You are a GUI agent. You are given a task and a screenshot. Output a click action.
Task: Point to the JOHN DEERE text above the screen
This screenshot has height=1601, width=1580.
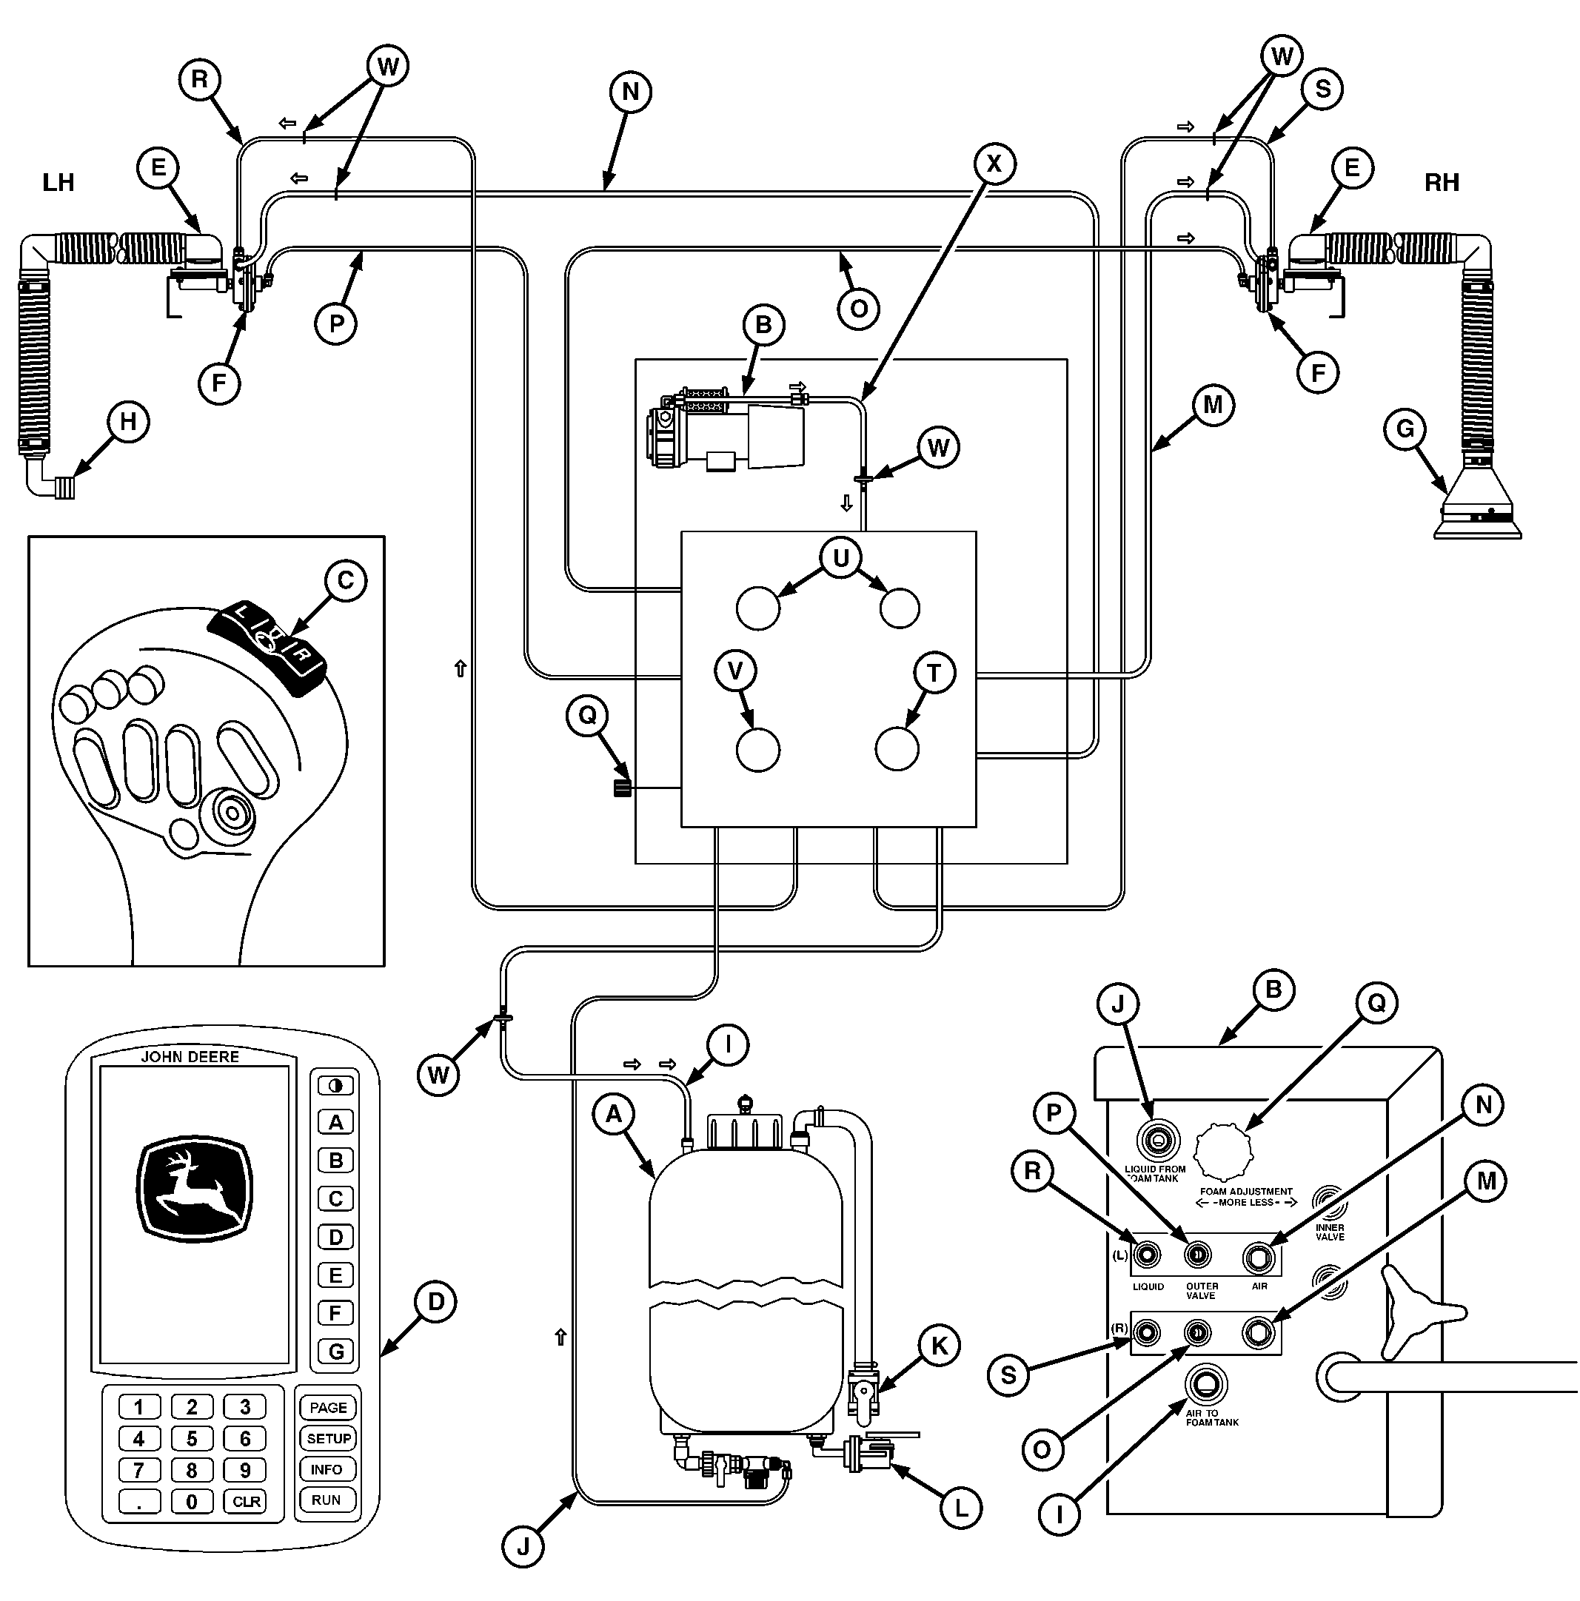tap(190, 1056)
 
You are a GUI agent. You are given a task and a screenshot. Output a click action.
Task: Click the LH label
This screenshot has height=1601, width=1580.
tap(58, 182)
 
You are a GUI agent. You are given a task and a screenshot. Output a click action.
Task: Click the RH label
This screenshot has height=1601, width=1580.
tap(1442, 182)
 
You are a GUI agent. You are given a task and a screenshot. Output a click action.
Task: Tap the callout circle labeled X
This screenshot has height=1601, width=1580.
tap(993, 164)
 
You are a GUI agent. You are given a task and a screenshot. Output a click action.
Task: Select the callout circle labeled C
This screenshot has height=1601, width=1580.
tap(346, 580)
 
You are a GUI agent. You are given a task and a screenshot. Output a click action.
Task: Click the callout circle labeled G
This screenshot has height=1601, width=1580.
tap(1405, 429)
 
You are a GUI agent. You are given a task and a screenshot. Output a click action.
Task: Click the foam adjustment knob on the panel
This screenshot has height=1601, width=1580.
tap(1225, 1152)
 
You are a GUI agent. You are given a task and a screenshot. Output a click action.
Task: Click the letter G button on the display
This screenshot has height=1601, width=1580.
tap(335, 1352)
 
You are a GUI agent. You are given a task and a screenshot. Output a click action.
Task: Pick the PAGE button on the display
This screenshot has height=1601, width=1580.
tap(328, 1407)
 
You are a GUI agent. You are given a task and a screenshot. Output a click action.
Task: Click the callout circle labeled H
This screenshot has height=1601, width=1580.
tap(127, 422)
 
